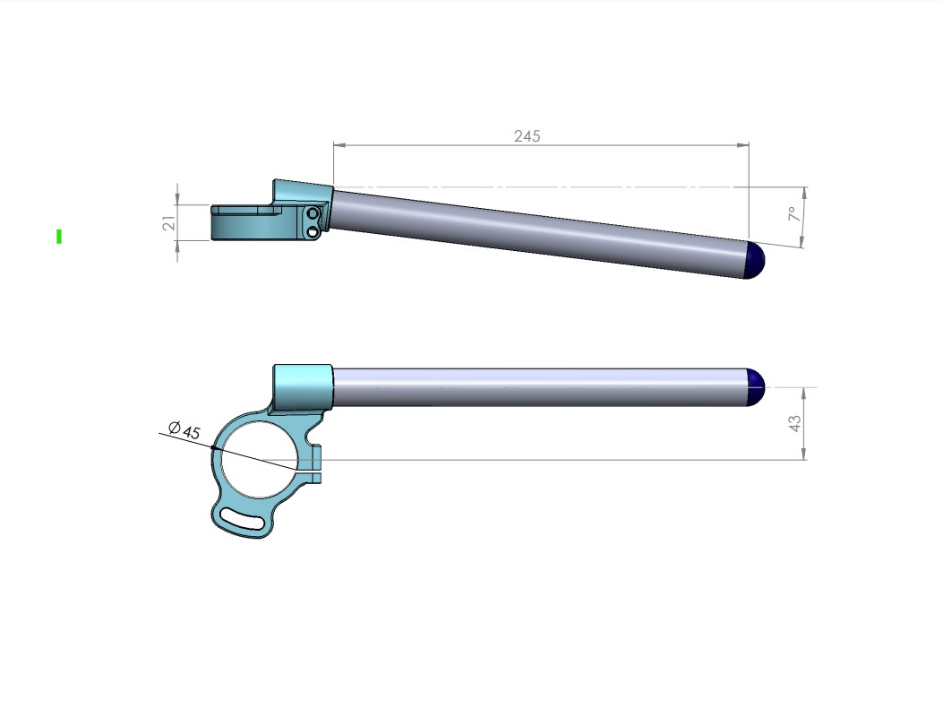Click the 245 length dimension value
pyautogui.click(x=527, y=136)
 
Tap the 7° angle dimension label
pyautogui.click(x=794, y=213)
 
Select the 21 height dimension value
pyautogui.click(x=169, y=222)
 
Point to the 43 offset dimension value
pyautogui.click(x=795, y=423)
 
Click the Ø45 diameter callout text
pyautogui.click(x=184, y=429)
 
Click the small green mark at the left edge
pyautogui.click(x=59, y=237)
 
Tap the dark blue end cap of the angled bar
pyautogui.click(x=755, y=260)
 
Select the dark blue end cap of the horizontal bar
pyautogui.click(x=755, y=387)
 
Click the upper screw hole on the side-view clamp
pyautogui.click(x=313, y=213)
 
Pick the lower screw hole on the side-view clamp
pyautogui.click(x=313, y=231)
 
